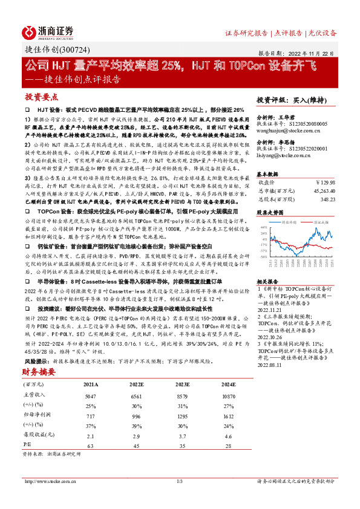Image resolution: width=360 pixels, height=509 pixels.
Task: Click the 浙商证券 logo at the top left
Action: tap(47, 31)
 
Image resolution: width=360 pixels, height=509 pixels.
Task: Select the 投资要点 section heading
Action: tap(41, 97)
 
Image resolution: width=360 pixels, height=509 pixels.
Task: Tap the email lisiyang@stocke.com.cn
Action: tap(281, 155)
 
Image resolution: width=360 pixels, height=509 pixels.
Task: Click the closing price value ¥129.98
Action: tap(325, 181)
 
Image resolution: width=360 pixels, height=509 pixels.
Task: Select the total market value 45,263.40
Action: tap(322, 189)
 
